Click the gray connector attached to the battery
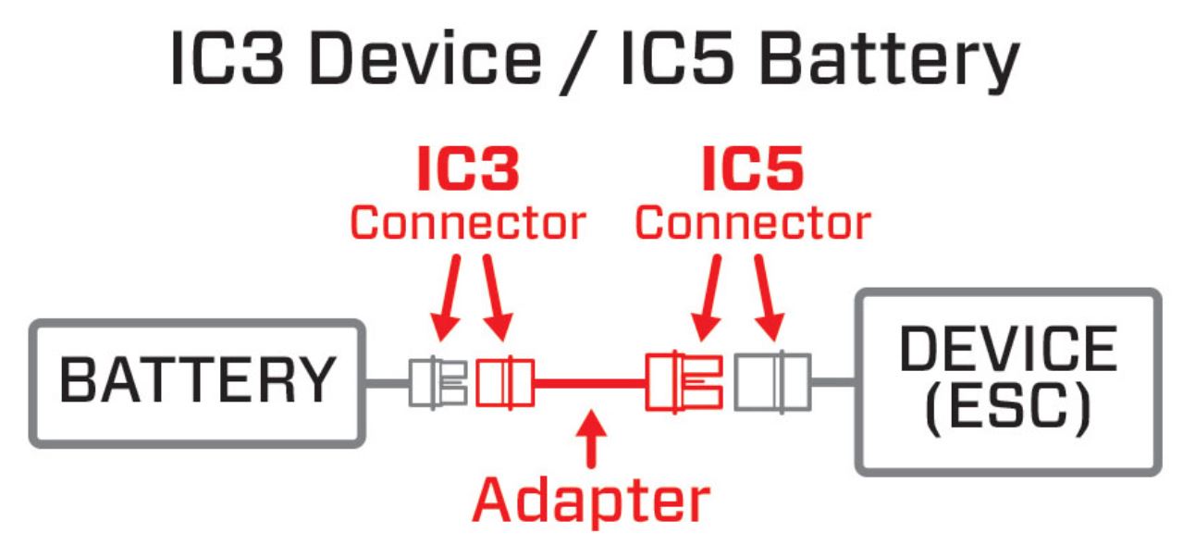pos(437,380)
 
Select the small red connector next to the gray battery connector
pos(504,380)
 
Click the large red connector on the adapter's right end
pos(683,380)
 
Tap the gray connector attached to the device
pos(772,380)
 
